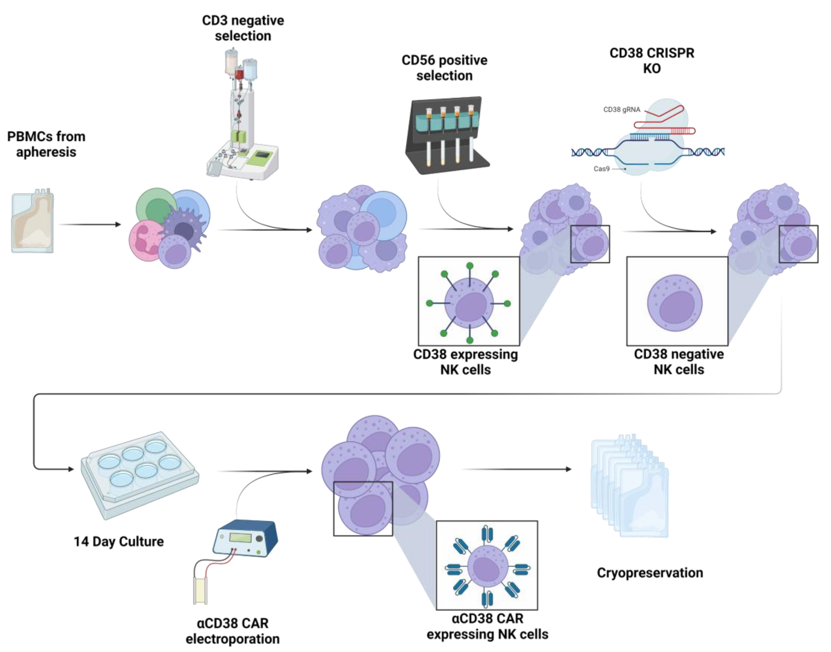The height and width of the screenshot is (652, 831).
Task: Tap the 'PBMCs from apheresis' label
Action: click(46, 144)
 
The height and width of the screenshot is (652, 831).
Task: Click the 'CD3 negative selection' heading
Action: click(243, 28)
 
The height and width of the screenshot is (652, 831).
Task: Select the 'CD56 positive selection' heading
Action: click(444, 68)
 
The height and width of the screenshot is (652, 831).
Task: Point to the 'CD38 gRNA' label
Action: click(621, 110)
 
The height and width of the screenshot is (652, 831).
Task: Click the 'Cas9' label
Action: click(602, 169)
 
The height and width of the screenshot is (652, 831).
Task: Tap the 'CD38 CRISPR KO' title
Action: click(652, 61)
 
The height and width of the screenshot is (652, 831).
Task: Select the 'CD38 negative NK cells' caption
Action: click(679, 362)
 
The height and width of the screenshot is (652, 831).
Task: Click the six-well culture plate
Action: click(139, 473)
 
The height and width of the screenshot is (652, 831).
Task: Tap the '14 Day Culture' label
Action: click(119, 542)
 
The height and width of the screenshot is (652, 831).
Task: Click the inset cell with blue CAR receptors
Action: click(487, 566)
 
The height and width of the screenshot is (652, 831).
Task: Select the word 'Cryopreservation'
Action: click(650, 573)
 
